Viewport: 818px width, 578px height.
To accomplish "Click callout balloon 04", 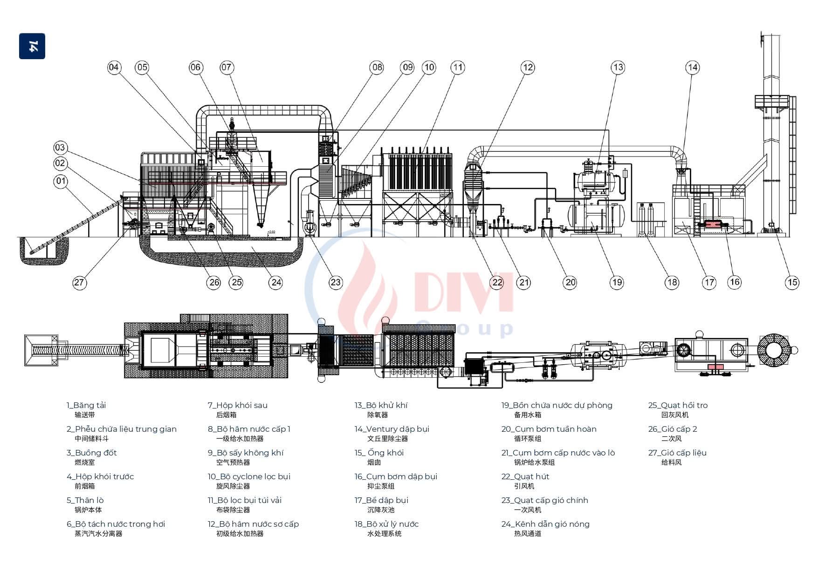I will coord(114,68).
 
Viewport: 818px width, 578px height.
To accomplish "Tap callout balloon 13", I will coord(618,68).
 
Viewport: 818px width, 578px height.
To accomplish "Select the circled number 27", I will coord(79,282).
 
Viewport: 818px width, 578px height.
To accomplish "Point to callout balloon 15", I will coord(792,282).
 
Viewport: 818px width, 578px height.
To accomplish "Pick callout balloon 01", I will coord(61,181).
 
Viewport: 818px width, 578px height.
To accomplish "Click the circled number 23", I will coord(336,282).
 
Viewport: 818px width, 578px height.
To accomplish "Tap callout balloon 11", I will coord(458,68).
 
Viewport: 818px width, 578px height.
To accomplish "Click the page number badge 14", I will coord(32,46).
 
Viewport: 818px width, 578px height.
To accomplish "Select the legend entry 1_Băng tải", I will coord(86,405).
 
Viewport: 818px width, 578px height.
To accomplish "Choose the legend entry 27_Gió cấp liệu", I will coord(677,453).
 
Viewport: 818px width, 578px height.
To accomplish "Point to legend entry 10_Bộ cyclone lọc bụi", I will coord(249,476).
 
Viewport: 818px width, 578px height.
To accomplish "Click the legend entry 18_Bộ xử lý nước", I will coord(386,524).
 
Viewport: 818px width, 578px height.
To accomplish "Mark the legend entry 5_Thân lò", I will coord(85,500).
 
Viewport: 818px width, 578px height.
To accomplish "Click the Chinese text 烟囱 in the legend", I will coord(374,462).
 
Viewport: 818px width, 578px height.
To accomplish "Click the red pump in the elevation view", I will coord(713,224).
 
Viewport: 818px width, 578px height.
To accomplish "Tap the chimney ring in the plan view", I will coord(773,349).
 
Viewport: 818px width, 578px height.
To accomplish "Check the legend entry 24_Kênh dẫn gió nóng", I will coord(545,524).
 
